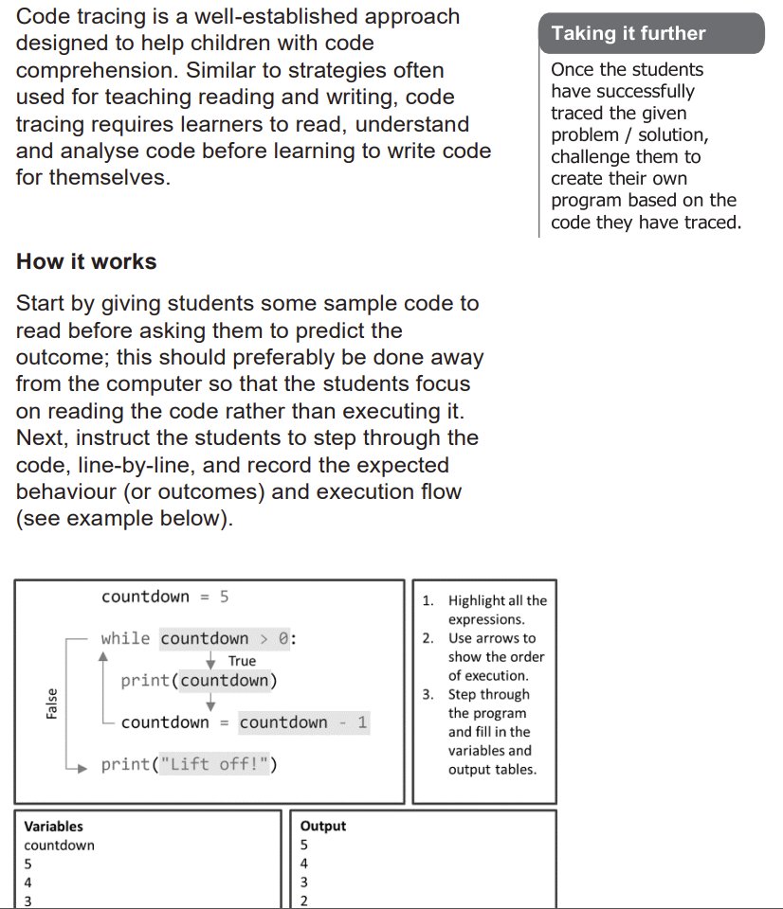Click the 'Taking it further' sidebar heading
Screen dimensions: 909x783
[628, 34]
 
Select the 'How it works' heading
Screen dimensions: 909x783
[86, 262]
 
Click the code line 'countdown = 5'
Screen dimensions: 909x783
[165, 597]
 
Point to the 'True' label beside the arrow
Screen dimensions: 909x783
[242, 661]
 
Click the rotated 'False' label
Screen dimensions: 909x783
[52, 703]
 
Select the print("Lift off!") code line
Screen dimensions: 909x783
[190, 764]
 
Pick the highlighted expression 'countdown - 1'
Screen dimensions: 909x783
[303, 722]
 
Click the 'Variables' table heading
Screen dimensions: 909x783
[53, 826]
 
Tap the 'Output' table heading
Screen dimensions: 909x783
[323, 826]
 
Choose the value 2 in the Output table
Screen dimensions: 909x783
[303, 900]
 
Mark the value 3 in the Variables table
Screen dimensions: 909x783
[27, 900]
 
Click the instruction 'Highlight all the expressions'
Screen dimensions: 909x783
[496, 610]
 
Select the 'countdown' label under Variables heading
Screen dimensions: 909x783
[59, 845]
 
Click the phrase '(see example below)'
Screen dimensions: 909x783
[123, 520]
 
